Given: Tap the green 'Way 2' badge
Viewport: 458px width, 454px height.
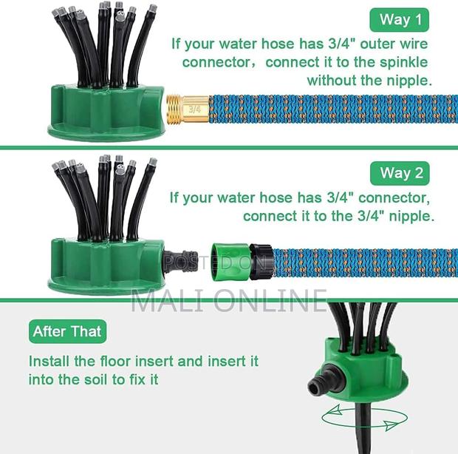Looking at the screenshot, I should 401,173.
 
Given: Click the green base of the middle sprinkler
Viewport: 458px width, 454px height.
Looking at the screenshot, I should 103,266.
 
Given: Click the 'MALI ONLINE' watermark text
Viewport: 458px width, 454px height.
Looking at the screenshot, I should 229,300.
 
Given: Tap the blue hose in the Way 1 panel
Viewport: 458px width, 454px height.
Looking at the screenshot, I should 332,108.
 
